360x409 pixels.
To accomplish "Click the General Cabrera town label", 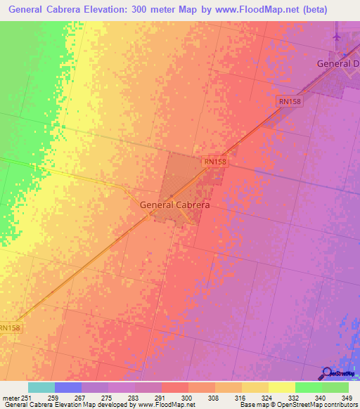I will tap(175, 205).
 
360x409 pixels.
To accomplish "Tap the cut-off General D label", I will tap(338, 64).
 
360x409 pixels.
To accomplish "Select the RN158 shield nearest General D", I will tap(289, 102).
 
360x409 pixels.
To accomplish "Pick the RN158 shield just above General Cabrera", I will tap(215, 162).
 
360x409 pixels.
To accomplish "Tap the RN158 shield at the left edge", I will tap(11, 327).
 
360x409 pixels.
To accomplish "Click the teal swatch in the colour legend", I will tap(41, 387).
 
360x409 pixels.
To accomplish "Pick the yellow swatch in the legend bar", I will tap(281, 387).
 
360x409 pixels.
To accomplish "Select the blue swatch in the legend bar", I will tap(68, 387).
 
